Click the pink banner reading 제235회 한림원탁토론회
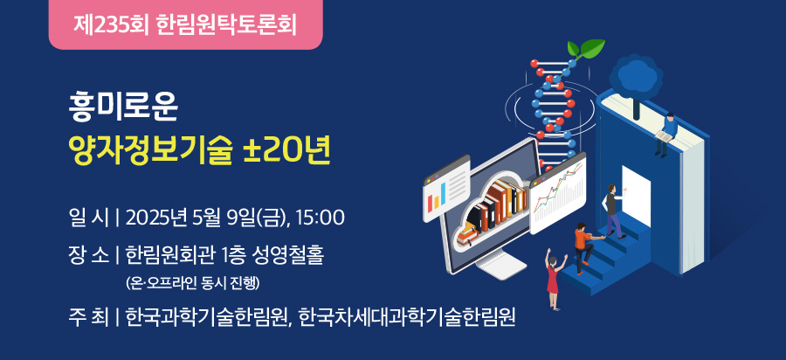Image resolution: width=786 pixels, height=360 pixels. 185,24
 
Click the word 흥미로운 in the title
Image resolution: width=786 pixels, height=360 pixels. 123,109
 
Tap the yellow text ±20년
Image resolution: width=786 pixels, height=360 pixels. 286,152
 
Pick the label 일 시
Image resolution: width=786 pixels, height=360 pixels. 88,218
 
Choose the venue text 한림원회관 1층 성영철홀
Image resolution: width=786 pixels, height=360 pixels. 225,256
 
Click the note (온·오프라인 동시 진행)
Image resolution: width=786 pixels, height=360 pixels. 193,283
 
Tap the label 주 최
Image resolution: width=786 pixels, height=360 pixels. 88,317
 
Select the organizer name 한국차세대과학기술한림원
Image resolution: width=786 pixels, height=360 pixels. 407,317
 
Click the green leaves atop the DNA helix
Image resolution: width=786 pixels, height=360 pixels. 585,49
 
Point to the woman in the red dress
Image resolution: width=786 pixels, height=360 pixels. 554,280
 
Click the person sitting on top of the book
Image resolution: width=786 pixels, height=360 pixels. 666,135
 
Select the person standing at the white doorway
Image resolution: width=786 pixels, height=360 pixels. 613,211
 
